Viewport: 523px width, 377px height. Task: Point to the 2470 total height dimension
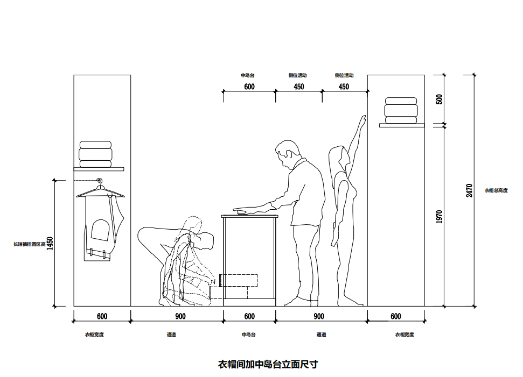pos(469,191)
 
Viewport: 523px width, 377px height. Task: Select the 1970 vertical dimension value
pos(439,216)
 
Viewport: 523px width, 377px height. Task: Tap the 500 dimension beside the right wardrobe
pos(439,99)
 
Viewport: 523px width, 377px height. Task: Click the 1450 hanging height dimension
pos(50,244)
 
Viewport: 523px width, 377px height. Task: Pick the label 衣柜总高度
pos(496,190)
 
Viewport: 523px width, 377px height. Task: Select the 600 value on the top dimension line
pos(249,87)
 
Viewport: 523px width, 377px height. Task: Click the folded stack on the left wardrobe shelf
pos(95,154)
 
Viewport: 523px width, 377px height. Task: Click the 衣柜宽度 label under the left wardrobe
pos(94,335)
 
